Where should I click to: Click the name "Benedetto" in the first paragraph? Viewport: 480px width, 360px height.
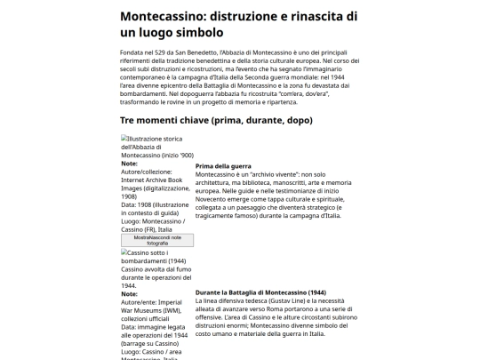[222, 56]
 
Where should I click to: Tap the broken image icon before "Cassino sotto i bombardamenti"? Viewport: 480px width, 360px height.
[124, 252]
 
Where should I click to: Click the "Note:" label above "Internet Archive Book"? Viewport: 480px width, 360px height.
[129, 164]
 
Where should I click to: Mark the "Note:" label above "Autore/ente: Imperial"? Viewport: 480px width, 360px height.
[129, 293]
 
